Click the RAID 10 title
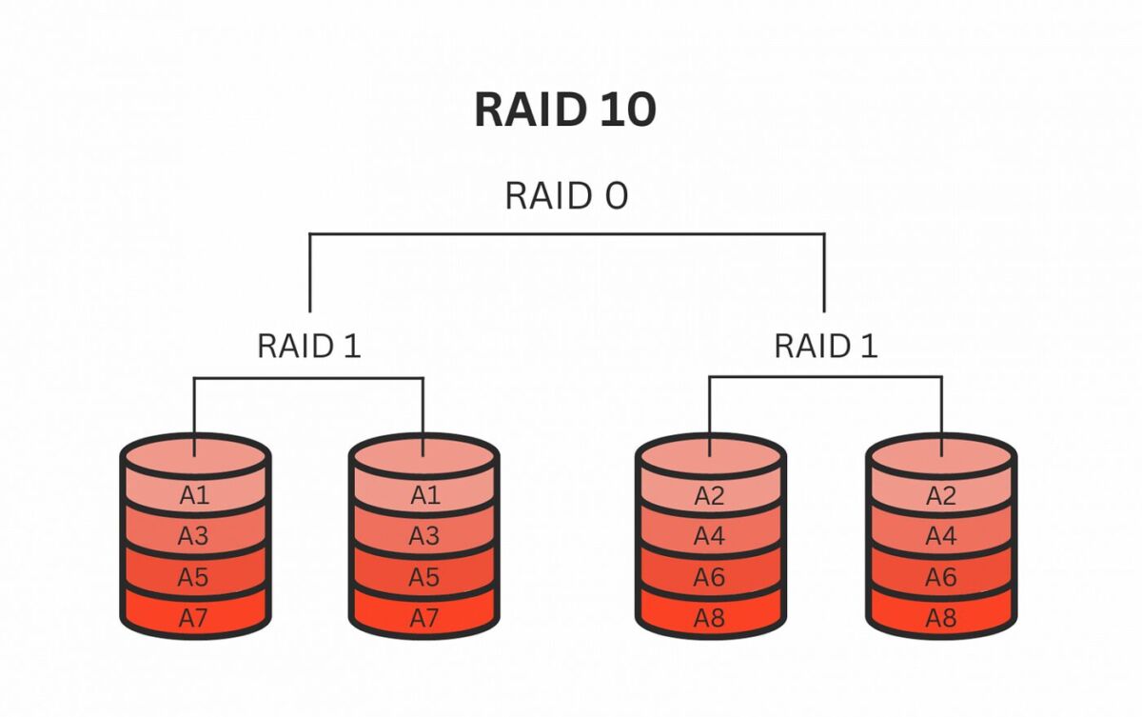click(565, 110)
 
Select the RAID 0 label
click(566, 195)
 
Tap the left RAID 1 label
click(309, 346)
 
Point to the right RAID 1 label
click(826, 346)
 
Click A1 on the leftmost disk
click(193, 495)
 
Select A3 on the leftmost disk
click(193, 536)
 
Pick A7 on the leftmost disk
click(193, 617)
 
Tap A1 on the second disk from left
click(424, 495)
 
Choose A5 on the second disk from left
click(424, 577)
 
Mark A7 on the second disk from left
click(424, 617)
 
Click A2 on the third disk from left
click(710, 495)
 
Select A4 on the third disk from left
click(710, 536)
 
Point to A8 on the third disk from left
click(710, 617)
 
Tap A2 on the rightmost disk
click(941, 495)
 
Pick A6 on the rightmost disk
click(941, 577)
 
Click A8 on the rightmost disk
click(941, 617)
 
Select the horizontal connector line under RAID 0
click(566, 233)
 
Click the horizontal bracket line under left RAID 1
click(309, 378)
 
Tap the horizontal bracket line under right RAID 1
click(826, 378)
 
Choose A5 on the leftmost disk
click(193, 577)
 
